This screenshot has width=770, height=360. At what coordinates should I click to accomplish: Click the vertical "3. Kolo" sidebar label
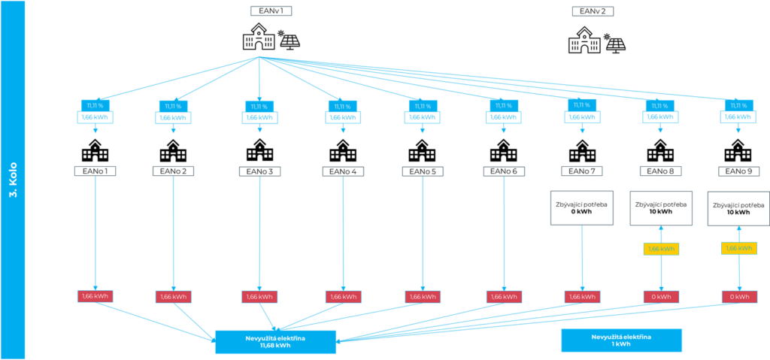13,180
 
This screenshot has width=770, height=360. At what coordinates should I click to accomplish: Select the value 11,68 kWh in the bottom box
274,346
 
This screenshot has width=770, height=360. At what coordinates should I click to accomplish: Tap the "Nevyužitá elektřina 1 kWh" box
621,340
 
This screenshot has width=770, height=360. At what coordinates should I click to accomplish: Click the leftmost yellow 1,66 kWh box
661,249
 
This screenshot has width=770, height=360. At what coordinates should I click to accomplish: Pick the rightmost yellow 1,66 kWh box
739,248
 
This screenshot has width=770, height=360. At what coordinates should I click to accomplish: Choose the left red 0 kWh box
661,297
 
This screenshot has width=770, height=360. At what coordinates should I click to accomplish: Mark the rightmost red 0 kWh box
739,297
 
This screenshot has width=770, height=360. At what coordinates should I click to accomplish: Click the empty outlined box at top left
271,11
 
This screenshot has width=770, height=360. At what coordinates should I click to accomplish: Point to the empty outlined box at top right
593,11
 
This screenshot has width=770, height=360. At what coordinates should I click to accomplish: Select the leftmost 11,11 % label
96,105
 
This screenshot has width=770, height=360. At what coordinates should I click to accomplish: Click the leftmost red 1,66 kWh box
95,296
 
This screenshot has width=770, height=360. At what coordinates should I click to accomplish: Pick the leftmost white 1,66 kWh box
96,117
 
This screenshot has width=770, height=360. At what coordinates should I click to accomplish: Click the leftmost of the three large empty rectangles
582,207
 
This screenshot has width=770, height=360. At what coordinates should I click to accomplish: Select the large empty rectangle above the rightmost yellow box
738,207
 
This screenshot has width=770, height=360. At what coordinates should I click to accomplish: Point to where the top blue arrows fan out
259,56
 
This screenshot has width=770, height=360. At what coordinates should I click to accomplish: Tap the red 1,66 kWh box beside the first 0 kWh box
582,297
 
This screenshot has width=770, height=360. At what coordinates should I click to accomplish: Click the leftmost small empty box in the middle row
95,171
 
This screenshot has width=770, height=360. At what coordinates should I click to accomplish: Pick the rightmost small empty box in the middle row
738,171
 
